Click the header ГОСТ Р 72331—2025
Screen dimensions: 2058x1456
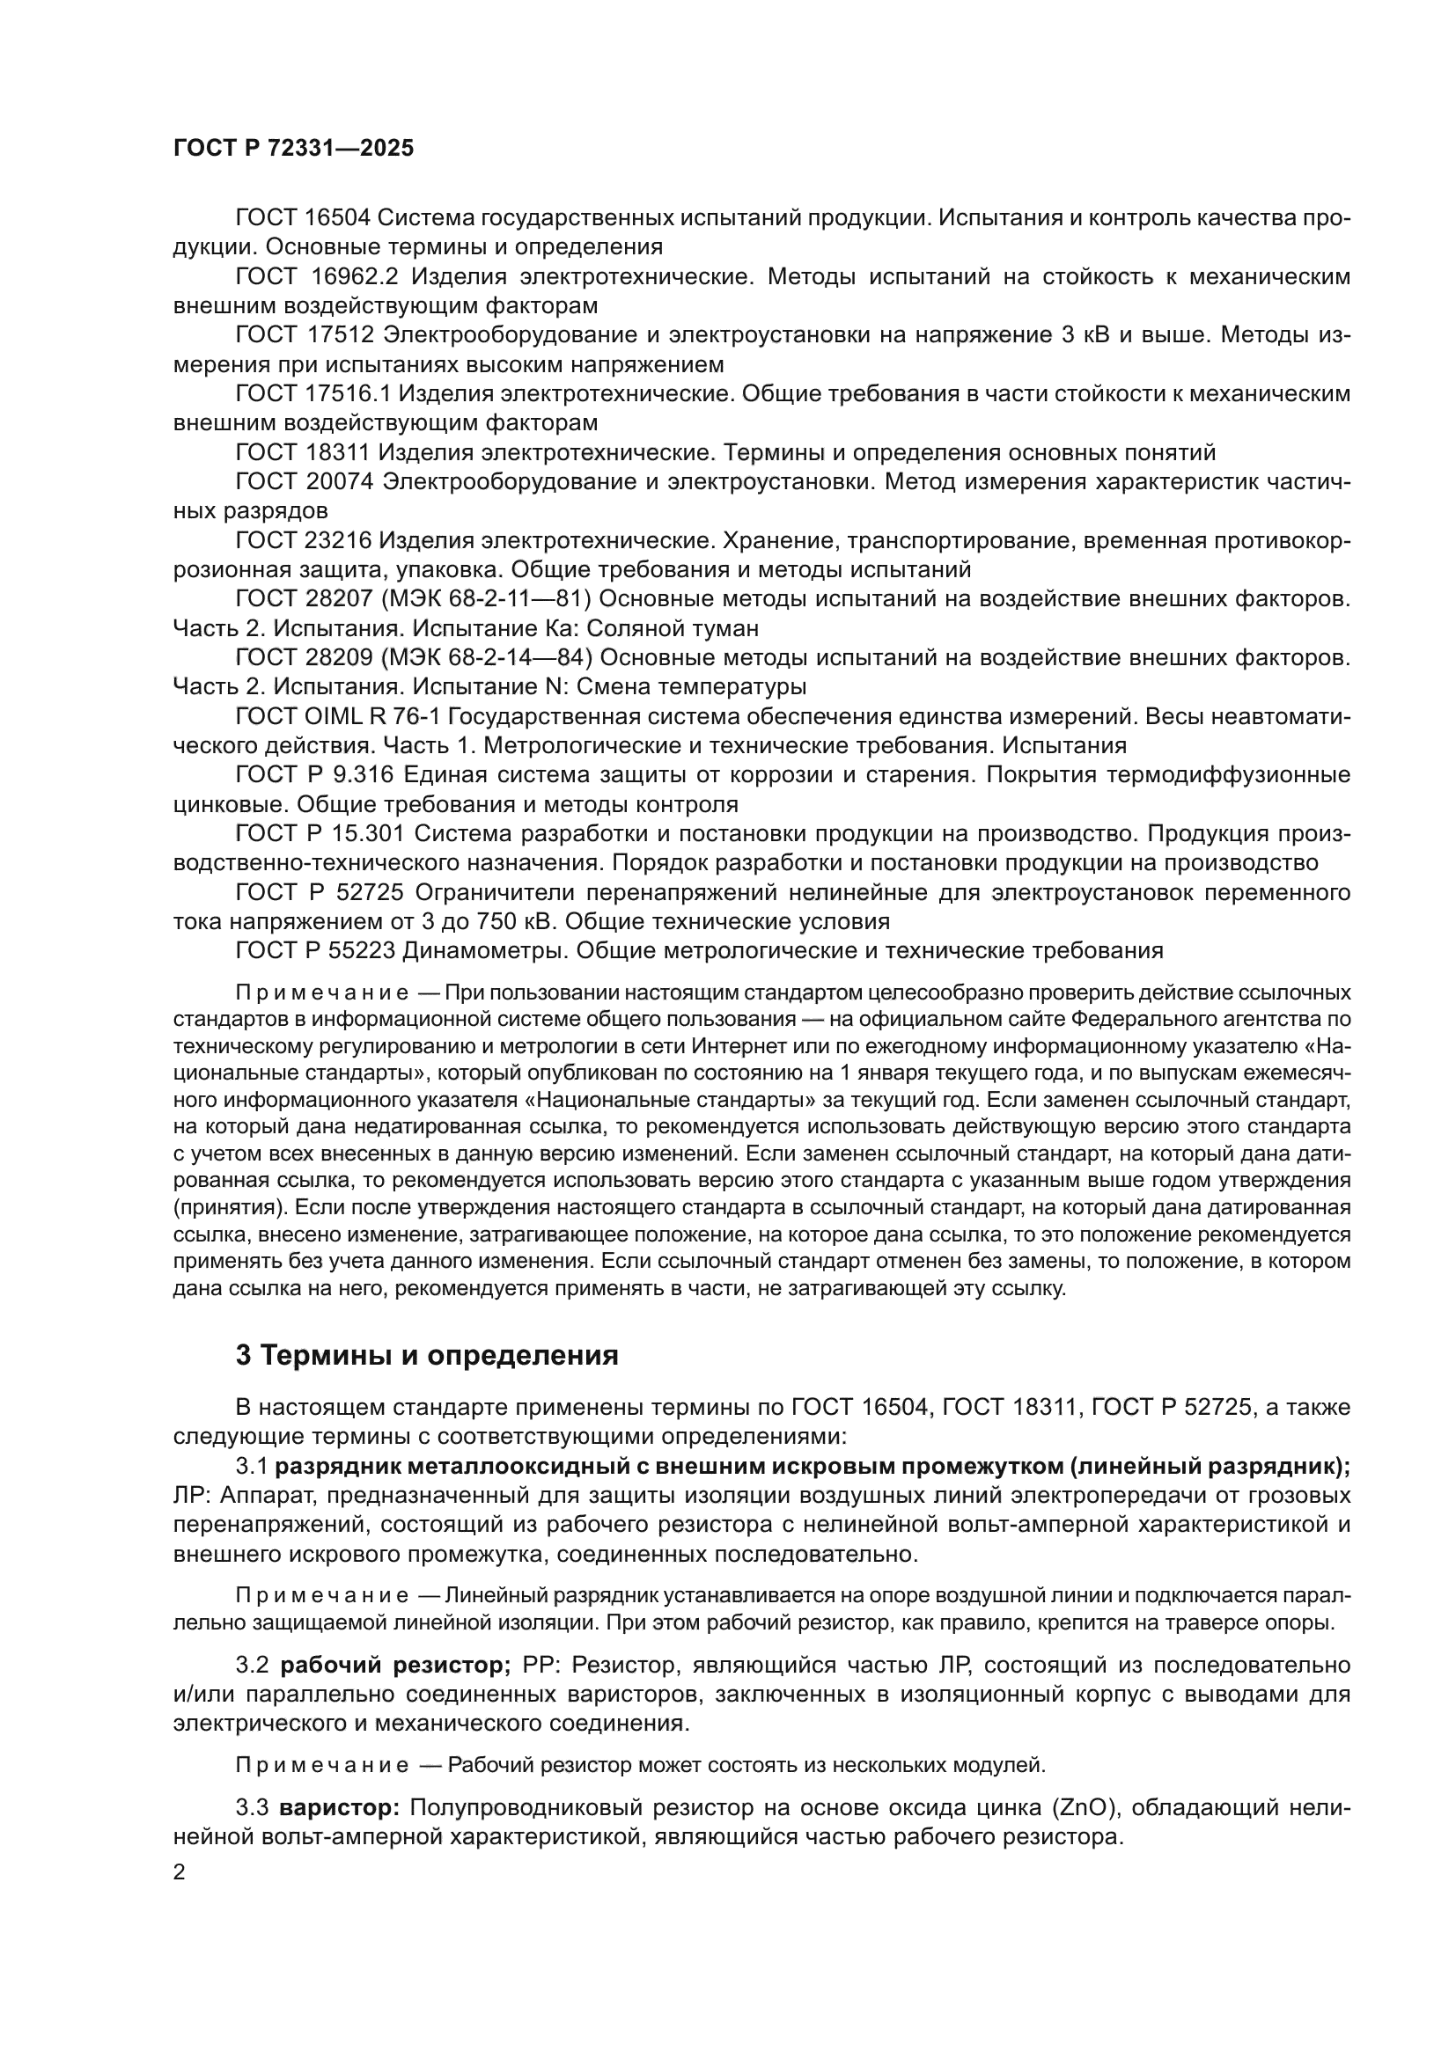click(x=293, y=149)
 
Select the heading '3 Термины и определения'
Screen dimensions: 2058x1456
click(x=427, y=1355)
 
